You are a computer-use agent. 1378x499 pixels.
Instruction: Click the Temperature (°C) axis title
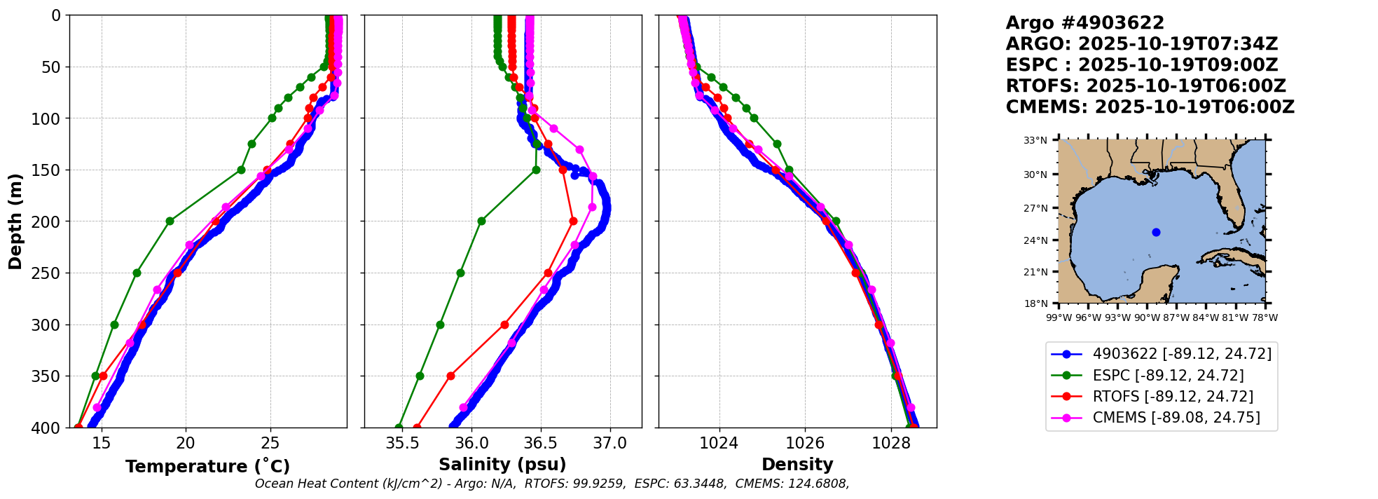(207, 467)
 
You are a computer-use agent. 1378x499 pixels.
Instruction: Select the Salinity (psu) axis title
(502, 465)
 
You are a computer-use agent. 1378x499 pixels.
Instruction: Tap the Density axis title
(797, 465)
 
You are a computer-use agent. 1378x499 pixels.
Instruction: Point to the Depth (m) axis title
(15, 221)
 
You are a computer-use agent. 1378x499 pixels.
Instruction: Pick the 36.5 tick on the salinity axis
(540, 443)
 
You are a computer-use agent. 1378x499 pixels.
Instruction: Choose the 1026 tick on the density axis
(805, 443)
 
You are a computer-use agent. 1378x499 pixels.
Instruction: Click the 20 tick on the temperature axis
(186, 443)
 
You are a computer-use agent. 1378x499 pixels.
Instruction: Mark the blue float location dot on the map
(1156, 232)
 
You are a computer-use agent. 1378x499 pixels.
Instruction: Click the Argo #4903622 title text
(1084, 23)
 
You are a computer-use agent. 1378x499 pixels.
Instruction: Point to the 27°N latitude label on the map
(1035, 208)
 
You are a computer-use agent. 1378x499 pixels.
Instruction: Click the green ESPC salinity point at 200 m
(481, 221)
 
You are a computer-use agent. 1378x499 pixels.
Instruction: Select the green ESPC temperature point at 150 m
(241, 170)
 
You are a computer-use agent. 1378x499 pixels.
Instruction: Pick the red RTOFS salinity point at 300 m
(504, 324)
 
